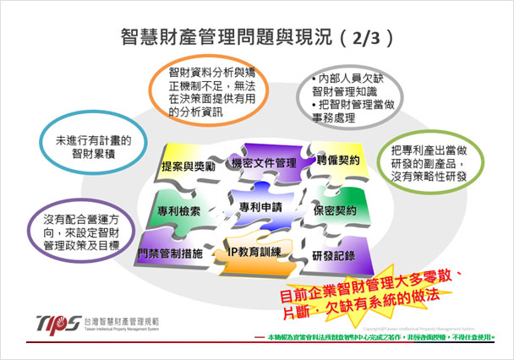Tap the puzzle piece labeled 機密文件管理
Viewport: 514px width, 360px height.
click(x=263, y=161)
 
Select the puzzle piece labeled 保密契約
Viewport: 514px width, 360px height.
click(x=334, y=210)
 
